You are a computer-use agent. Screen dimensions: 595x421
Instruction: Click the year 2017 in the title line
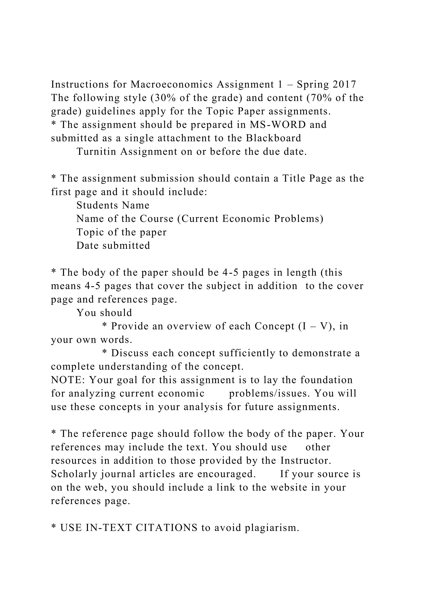pos(344,84)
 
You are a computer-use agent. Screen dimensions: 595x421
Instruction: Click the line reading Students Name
pos(113,205)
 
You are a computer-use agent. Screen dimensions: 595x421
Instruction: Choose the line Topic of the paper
pos(121,232)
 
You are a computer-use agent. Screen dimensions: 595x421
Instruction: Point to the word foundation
pos(327,380)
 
